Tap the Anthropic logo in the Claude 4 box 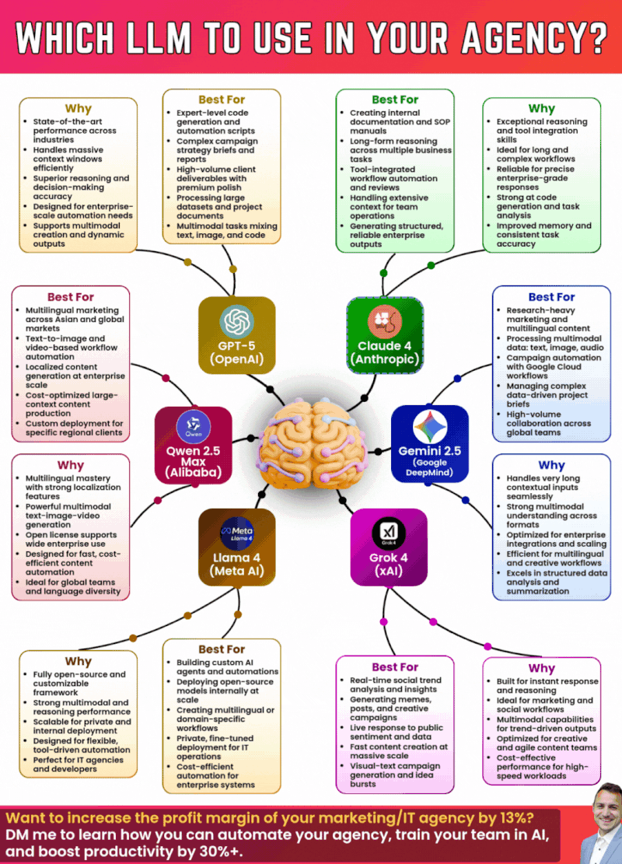point(385,318)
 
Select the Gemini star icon point(428,427)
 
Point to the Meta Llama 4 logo point(236,531)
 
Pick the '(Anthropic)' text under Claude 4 point(385,359)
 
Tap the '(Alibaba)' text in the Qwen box point(193,472)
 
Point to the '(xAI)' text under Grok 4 point(387,573)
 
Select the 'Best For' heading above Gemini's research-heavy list point(551,296)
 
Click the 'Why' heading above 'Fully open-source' point(78,662)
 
